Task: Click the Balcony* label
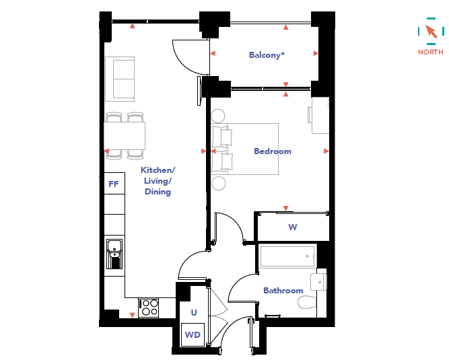pos(267,55)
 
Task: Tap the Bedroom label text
pos(273,151)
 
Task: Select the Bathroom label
pos(283,291)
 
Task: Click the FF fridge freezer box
pos(114,184)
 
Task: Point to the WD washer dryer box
pos(193,334)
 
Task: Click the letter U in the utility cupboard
pos(194,312)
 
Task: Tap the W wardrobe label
pos(292,227)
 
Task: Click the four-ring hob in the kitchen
pos(148,308)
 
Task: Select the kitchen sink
pos(114,254)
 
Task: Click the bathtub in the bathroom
pos(287,256)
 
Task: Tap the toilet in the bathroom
pos(307,302)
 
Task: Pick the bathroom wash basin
pos(318,282)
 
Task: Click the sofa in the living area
pos(120,79)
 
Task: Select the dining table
pos(125,136)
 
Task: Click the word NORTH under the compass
pos(430,52)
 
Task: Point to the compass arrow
pos(431,31)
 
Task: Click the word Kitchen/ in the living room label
pos(158,170)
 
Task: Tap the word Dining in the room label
pos(158,192)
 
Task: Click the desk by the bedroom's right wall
pos(319,115)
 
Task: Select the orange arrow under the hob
pos(133,315)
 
